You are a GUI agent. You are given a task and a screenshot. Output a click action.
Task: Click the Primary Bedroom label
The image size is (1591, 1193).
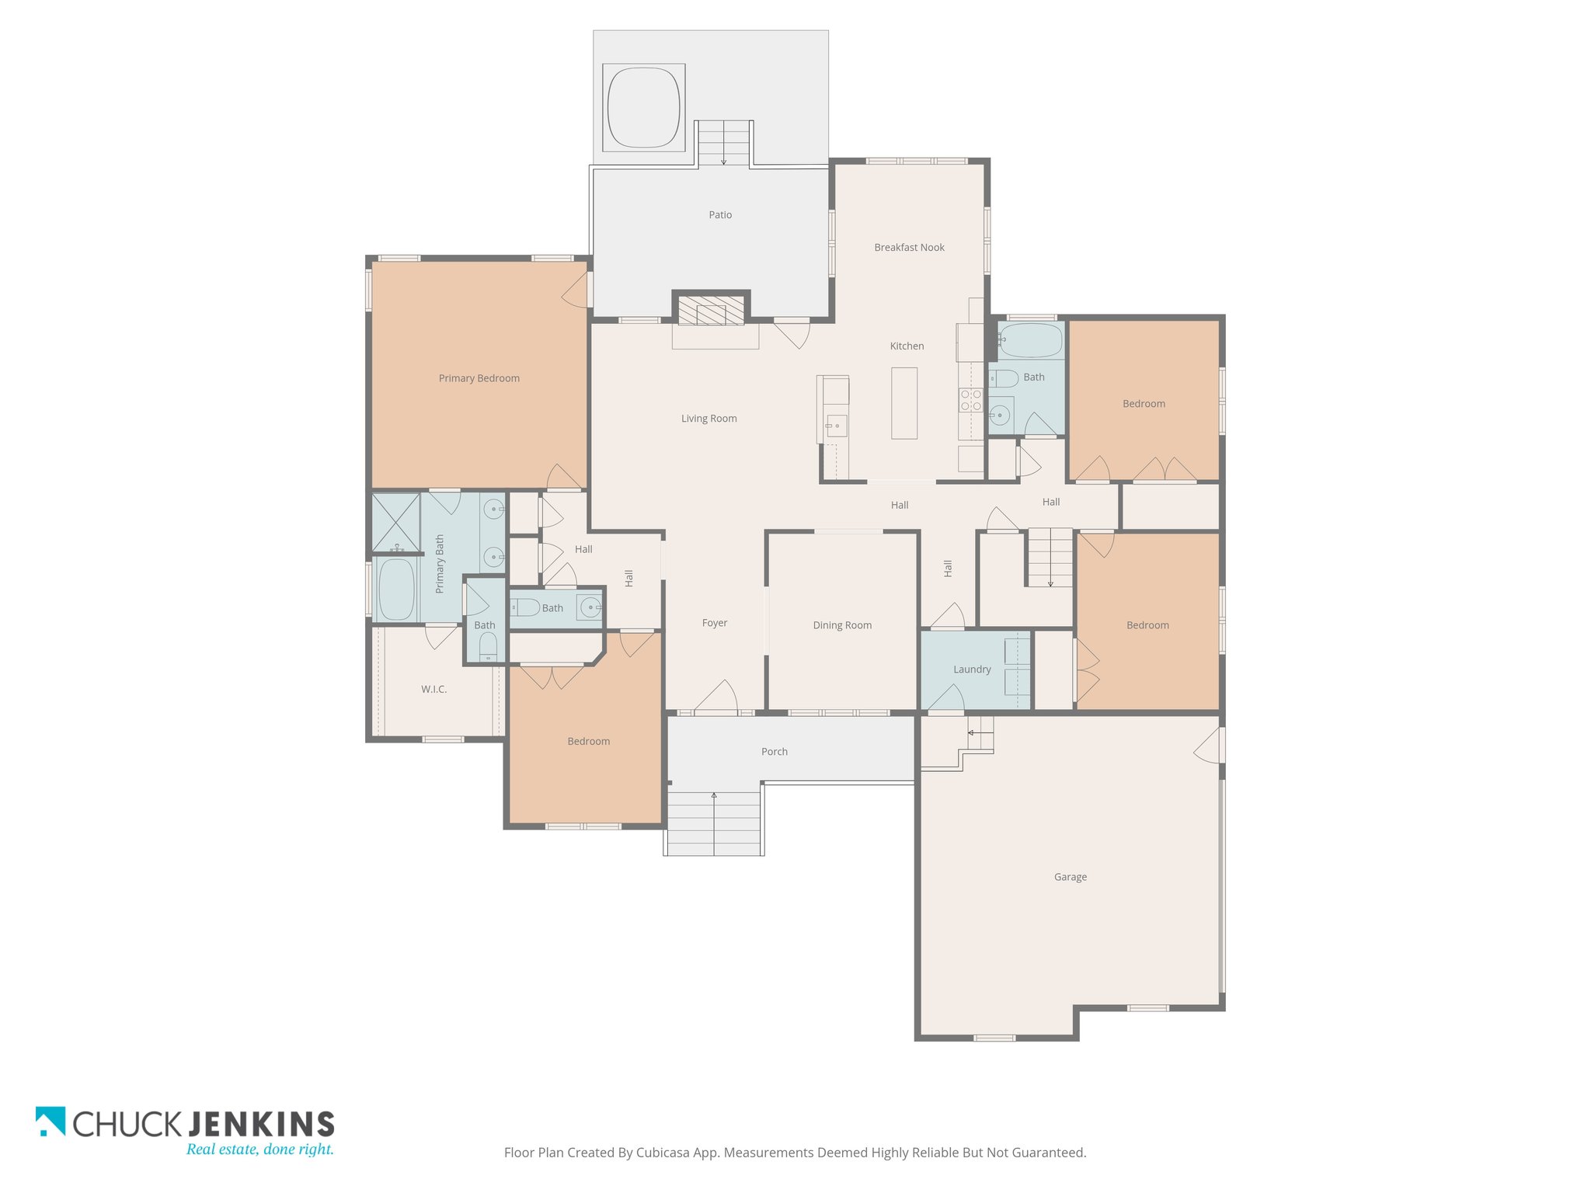[x=479, y=378]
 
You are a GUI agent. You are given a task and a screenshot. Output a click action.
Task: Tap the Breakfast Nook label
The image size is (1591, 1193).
[x=909, y=248]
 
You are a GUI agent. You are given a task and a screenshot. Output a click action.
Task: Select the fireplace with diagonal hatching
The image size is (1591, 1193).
[x=711, y=311]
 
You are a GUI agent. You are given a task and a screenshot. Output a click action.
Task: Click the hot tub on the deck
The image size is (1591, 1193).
[x=643, y=106]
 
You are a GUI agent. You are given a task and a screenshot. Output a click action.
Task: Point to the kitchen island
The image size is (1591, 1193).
[x=904, y=403]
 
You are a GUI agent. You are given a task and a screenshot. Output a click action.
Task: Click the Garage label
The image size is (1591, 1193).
[x=1070, y=877]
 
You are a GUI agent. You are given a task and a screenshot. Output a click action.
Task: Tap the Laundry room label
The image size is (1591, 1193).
[x=972, y=670]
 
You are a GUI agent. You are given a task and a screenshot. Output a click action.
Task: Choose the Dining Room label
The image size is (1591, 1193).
[x=842, y=625]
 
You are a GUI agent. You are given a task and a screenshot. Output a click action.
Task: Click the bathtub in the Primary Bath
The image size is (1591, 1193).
[x=396, y=590]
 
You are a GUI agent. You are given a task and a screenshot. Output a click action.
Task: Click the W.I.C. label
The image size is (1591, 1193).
[x=433, y=689]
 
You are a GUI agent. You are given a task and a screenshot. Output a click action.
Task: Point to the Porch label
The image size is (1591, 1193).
[x=774, y=752]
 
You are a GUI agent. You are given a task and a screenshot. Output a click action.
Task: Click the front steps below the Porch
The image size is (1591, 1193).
[x=714, y=824]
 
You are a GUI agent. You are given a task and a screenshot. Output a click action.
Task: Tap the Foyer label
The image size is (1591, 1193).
[x=715, y=623]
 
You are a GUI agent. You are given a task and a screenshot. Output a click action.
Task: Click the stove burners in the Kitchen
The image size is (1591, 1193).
[x=971, y=400]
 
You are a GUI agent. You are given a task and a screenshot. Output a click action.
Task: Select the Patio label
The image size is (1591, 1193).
[x=720, y=215]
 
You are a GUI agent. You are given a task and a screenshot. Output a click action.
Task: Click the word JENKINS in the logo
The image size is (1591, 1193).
[x=262, y=1124]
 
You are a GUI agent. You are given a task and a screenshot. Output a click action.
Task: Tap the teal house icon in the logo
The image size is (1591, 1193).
[x=50, y=1121]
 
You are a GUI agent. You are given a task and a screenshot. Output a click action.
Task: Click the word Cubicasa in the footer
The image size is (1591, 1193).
[x=664, y=1153]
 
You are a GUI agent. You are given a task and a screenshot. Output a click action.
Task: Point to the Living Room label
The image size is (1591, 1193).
[x=708, y=419]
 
